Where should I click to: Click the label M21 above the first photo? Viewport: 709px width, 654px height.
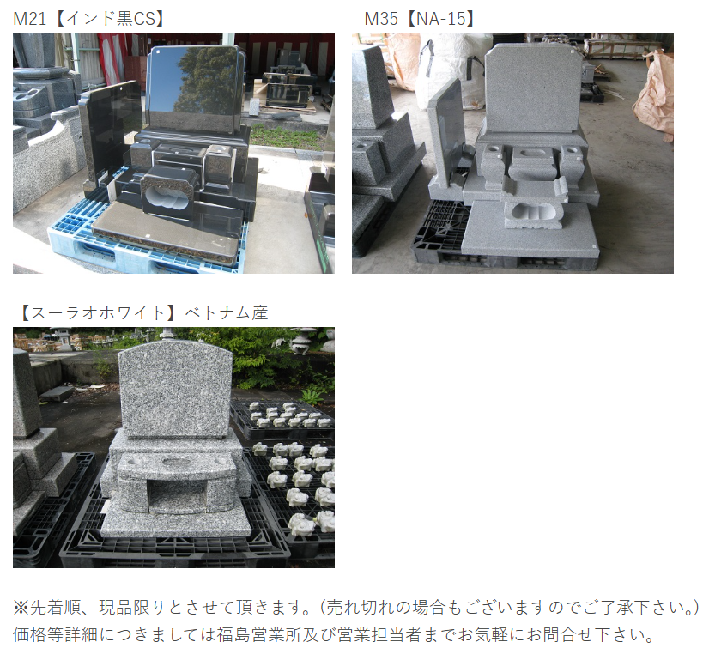(x=30, y=19)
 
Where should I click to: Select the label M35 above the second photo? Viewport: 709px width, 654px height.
(x=381, y=19)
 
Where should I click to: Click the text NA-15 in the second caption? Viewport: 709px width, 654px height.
(x=441, y=19)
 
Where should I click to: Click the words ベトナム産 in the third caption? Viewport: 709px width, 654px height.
(x=226, y=312)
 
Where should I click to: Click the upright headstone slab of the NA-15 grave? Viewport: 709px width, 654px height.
(x=534, y=88)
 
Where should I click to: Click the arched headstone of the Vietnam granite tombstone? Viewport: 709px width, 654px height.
(x=175, y=390)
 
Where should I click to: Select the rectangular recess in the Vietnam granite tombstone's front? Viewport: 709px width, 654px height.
(x=176, y=497)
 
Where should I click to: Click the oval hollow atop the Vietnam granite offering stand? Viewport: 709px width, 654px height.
(x=176, y=463)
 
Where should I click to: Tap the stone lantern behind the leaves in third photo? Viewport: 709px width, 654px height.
(x=304, y=340)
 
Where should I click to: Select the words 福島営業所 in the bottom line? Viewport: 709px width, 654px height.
(x=258, y=634)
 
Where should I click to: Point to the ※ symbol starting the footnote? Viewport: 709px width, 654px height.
(x=21, y=607)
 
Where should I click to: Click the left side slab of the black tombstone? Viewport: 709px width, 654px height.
(x=111, y=131)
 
